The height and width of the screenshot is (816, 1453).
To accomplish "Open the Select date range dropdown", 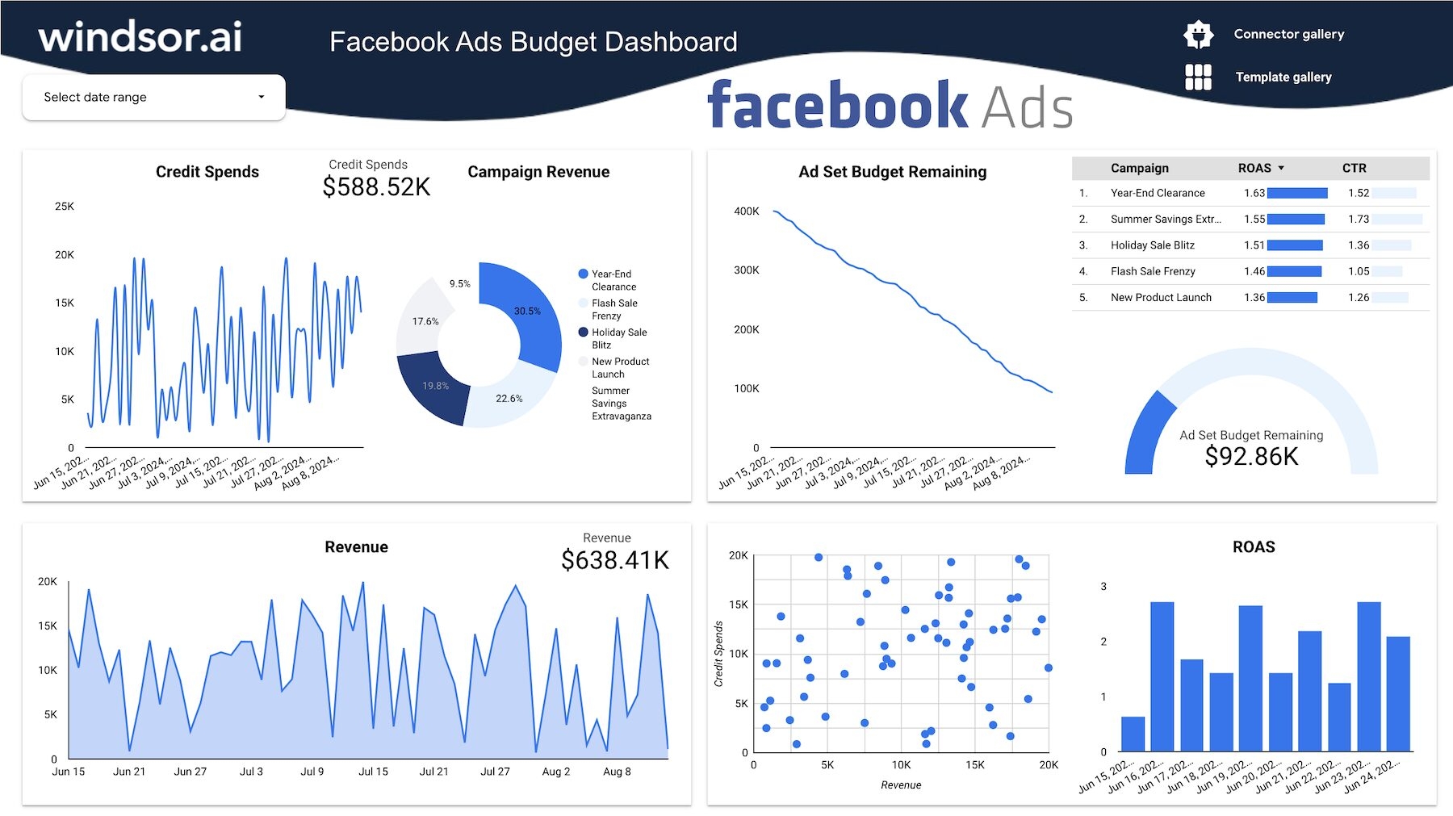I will (x=153, y=98).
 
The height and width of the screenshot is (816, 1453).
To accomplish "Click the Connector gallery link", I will (x=1288, y=34).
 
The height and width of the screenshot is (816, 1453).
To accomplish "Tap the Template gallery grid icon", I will (x=1198, y=77).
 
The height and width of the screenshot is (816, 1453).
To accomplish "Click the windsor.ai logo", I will (x=140, y=37).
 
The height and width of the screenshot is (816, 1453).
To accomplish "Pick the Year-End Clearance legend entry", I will (x=613, y=280).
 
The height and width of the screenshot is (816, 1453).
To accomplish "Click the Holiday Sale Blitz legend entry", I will (x=618, y=338).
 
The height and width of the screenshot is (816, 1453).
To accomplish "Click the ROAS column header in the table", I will (x=1254, y=168).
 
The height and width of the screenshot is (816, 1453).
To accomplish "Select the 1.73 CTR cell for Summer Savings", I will (x=1359, y=219).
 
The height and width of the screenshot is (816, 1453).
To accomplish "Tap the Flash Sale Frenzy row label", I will (x=1153, y=271).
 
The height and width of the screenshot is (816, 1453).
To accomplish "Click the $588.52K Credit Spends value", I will (x=376, y=187).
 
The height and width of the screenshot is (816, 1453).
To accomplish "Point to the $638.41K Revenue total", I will (x=615, y=560).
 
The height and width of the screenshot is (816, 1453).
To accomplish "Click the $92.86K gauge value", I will (x=1251, y=457).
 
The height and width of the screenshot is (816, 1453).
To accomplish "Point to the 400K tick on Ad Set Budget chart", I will (x=746, y=211).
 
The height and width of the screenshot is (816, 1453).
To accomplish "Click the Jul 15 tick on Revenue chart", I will (x=373, y=772).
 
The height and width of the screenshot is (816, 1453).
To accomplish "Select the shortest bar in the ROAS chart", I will (x=1133, y=734).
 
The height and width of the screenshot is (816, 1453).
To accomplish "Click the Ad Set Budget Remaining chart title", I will (x=892, y=172).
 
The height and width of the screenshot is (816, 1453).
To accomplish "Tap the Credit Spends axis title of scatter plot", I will (x=718, y=654).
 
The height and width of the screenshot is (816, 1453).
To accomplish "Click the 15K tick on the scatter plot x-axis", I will (x=974, y=765).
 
